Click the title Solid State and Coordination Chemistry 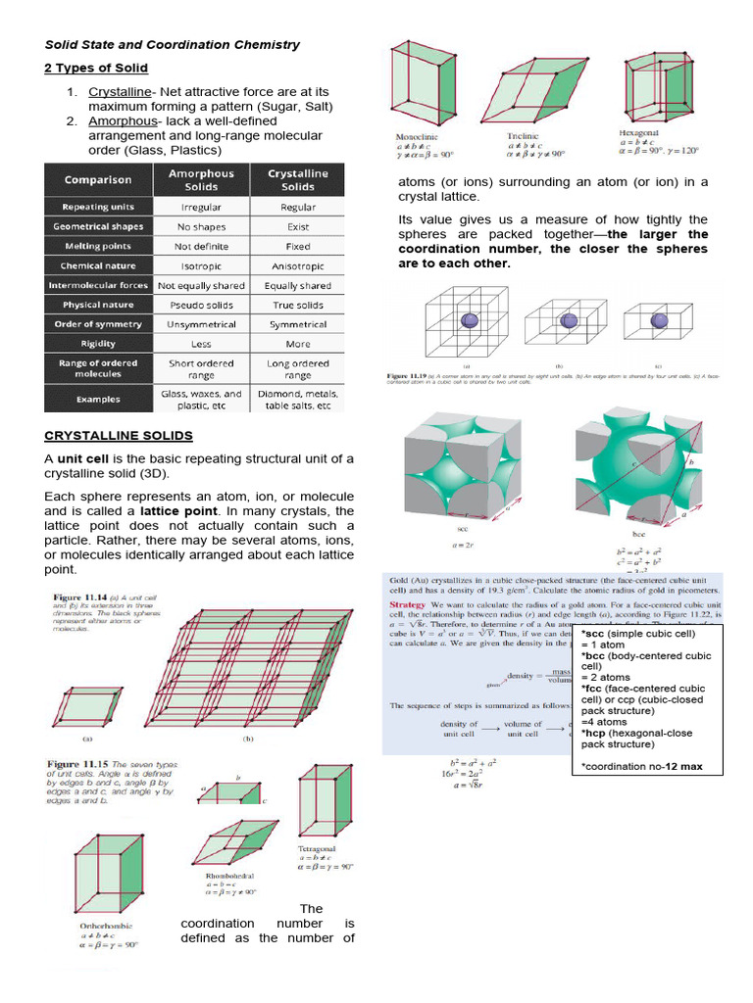point(173,44)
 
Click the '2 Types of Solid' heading point(96,68)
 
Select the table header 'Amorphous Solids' point(202,179)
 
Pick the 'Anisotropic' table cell point(298,265)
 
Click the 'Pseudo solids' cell point(202,305)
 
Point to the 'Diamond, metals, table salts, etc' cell point(298,399)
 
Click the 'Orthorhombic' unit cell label point(109,925)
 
